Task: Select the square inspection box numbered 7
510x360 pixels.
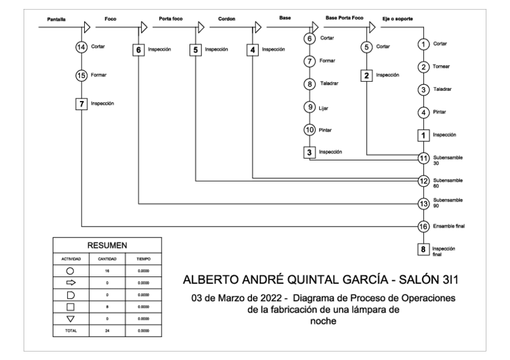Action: tap(81, 103)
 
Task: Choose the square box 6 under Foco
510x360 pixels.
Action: tap(139, 50)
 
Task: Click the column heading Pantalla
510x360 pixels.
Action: tap(56, 20)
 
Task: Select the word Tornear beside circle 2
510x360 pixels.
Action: tap(440, 67)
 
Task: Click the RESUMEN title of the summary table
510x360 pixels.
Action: tap(106, 246)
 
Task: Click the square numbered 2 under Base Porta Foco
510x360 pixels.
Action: tap(366, 76)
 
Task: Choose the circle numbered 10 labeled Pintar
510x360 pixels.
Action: tap(310, 130)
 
